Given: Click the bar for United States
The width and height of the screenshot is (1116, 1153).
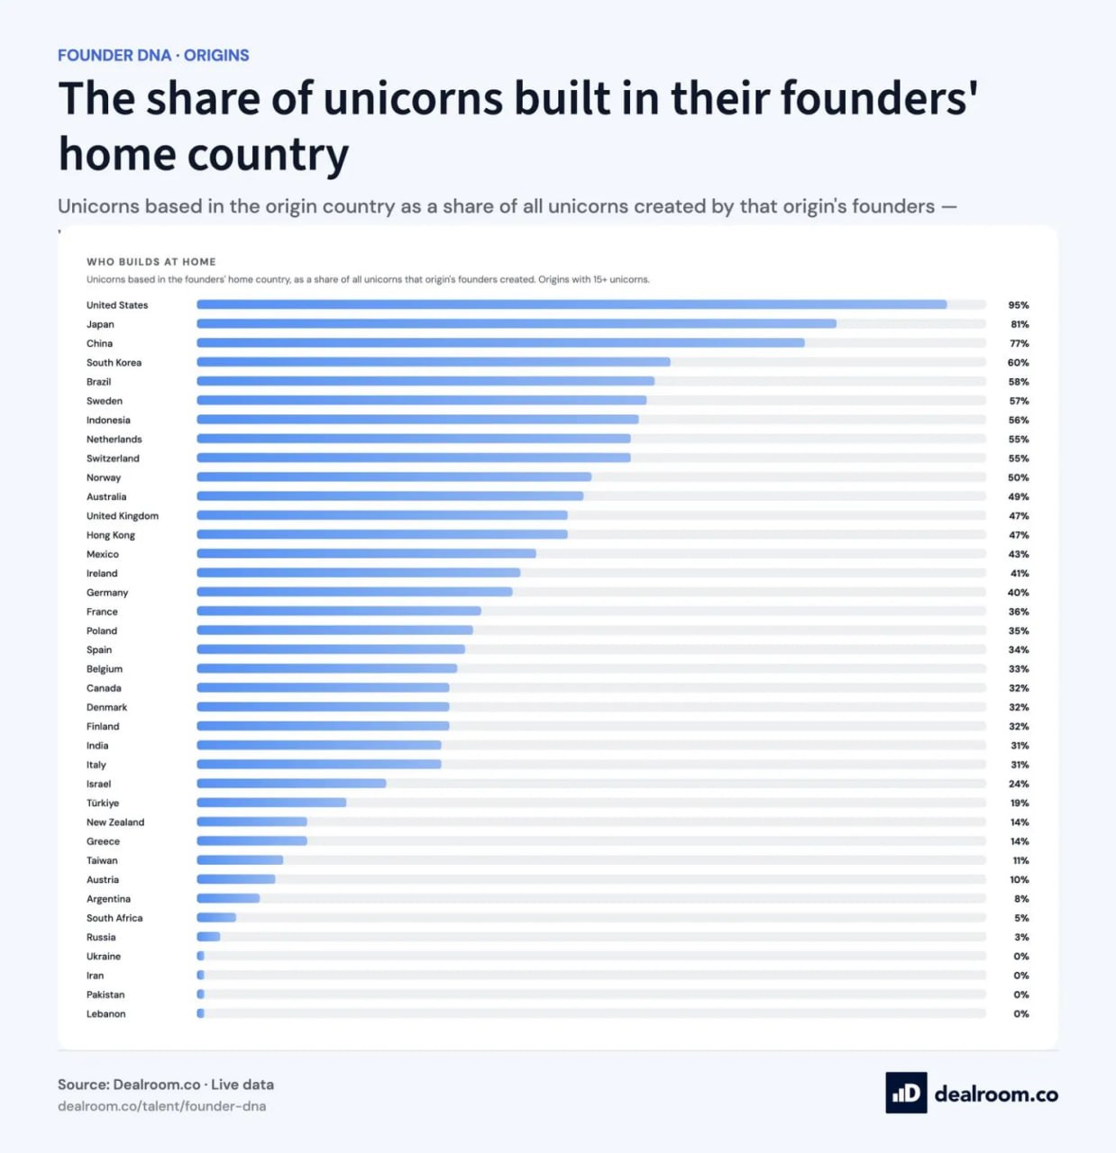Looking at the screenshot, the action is tap(572, 304).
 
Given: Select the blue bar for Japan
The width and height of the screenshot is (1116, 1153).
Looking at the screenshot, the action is tap(517, 323).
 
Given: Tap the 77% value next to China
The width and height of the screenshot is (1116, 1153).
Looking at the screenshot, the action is tap(1019, 343).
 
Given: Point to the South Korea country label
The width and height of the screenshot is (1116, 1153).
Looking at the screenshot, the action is tap(114, 362).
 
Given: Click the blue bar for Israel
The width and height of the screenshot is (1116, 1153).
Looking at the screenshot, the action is tap(291, 784).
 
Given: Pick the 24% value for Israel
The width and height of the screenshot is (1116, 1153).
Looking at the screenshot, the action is tap(1019, 784).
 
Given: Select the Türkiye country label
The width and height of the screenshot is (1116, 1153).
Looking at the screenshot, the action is tap(103, 803).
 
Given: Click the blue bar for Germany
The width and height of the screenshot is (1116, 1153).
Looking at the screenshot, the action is tap(354, 592).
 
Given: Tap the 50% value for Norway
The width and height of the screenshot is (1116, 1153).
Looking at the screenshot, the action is tap(1019, 477).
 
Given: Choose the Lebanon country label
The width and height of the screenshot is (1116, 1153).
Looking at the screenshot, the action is tap(106, 1013).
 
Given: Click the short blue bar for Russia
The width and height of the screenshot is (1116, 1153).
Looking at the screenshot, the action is tap(208, 937).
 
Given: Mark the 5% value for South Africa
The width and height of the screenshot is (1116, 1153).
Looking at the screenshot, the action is tap(1021, 918).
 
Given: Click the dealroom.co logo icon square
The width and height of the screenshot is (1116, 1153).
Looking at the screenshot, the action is tap(906, 1093).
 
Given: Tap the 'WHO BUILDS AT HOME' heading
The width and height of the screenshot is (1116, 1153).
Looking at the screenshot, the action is tap(151, 261).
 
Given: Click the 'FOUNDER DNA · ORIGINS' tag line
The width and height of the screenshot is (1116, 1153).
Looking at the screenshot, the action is tap(153, 55).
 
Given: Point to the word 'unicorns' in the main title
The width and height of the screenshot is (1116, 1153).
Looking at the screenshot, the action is tap(413, 98).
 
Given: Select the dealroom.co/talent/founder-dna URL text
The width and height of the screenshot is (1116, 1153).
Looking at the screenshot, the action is tap(162, 1105).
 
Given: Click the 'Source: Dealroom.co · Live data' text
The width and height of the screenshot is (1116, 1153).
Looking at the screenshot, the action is tap(166, 1085).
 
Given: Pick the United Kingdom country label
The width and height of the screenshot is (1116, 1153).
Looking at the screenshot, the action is tap(123, 515).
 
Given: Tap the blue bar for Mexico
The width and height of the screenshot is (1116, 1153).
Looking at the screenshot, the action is tap(367, 553).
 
